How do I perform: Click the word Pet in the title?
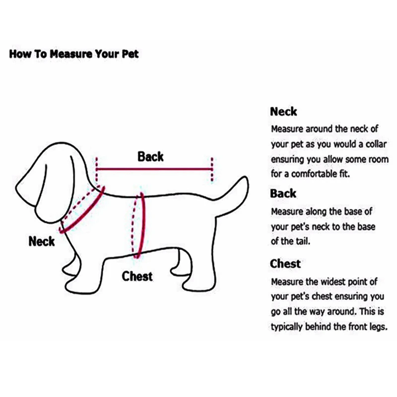coord(131,54)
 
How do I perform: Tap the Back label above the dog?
coord(150,157)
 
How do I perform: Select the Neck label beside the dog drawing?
coord(42,242)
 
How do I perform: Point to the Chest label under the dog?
coord(137,276)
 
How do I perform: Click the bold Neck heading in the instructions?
coord(283,112)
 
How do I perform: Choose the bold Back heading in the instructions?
coord(283,194)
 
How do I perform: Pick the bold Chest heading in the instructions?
coord(285,264)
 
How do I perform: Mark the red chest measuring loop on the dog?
coord(142,224)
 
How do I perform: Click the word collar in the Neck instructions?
coord(366,144)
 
